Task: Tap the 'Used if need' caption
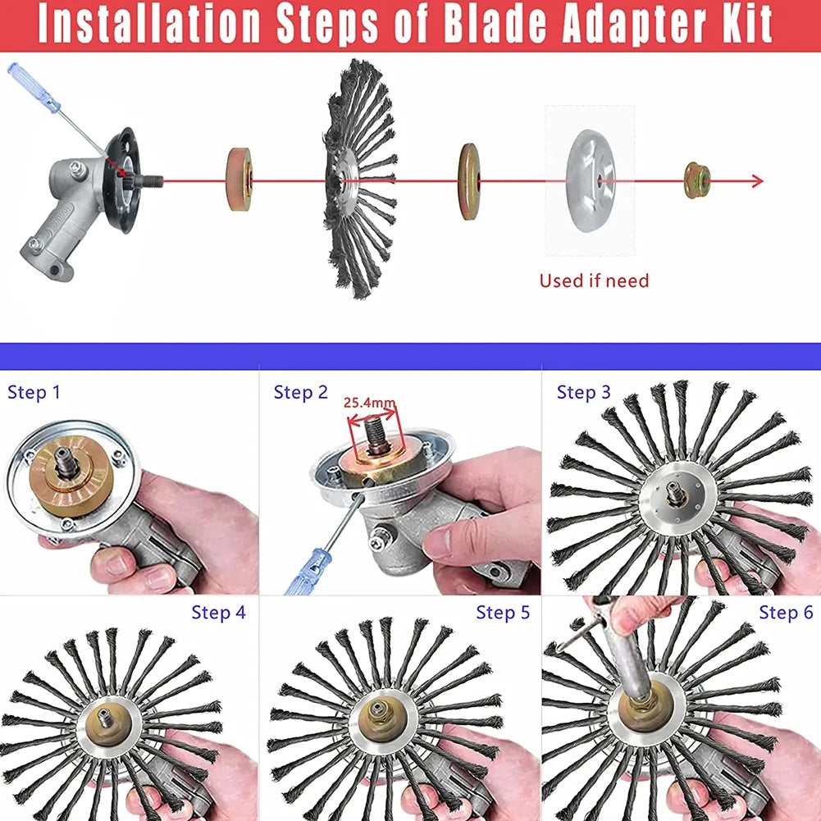(594, 281)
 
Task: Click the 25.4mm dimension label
(369, 403)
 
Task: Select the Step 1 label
(34, 392)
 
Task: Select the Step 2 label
(300, 393)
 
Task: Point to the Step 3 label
(583, 392)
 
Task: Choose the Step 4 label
(218, 612)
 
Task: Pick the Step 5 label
(503, 612)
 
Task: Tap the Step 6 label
(786, 612)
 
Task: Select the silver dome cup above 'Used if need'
(591, 180)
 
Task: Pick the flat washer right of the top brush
(469, 181)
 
